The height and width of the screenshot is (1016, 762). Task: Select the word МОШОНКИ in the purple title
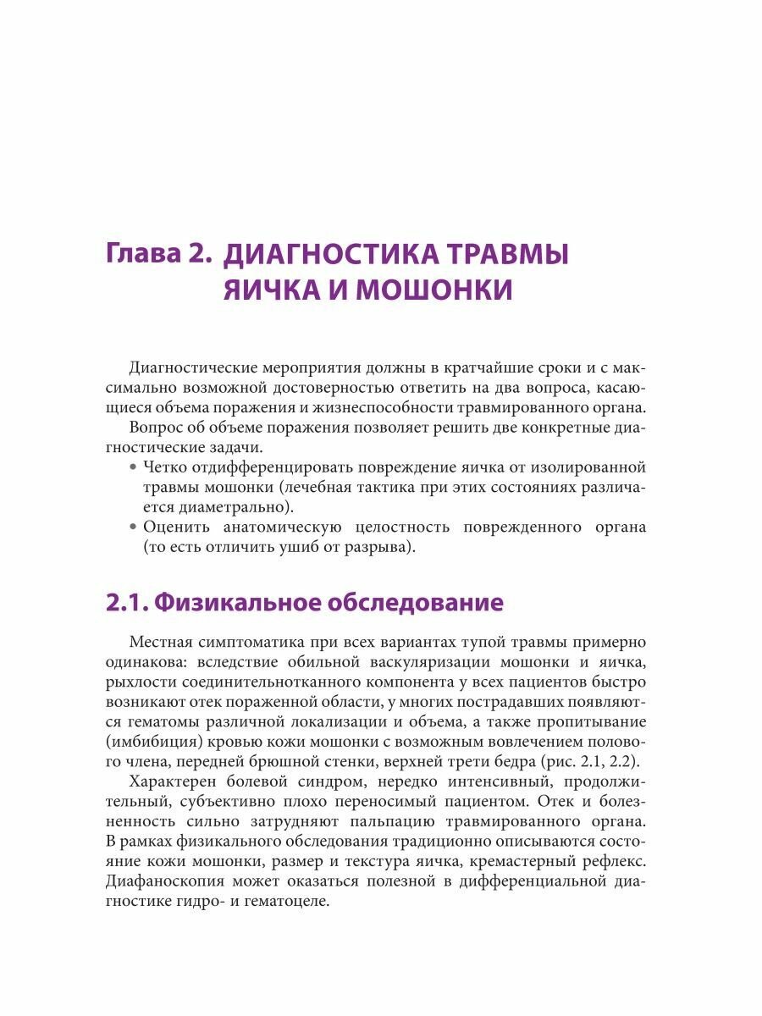pyautogui.click(x=433, y=290)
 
